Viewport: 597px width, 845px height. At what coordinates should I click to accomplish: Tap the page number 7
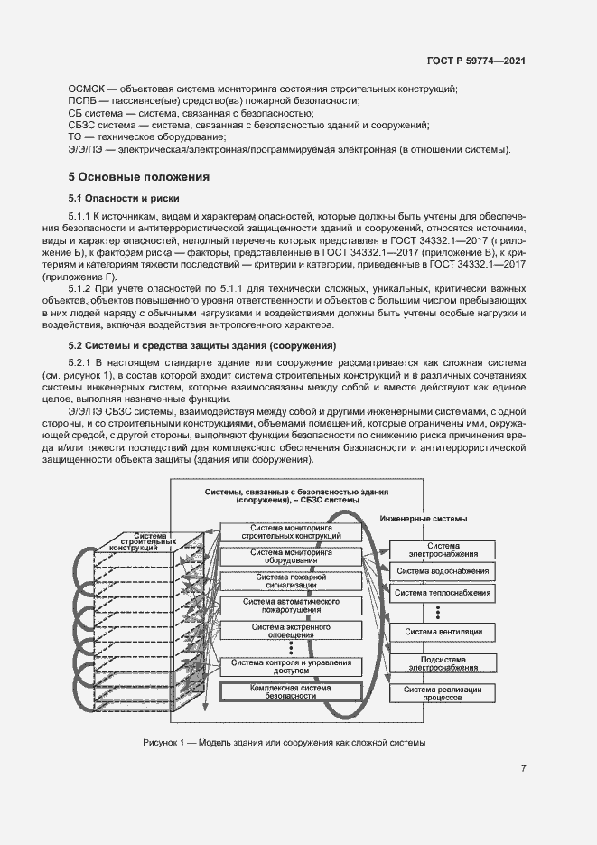tap(524, 769)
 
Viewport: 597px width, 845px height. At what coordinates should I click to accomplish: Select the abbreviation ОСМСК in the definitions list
tap(87, 89)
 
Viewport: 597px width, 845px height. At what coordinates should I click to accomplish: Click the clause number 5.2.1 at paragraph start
tap(82, 362)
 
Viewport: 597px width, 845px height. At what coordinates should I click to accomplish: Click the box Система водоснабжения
tap(443, 570)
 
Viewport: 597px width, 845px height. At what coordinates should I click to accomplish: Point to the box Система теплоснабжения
tap(443, 593)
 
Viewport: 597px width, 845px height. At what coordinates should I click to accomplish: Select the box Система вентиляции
tap(443, 631)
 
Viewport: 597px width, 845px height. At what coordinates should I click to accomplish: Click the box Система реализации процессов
tap(443, 694)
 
